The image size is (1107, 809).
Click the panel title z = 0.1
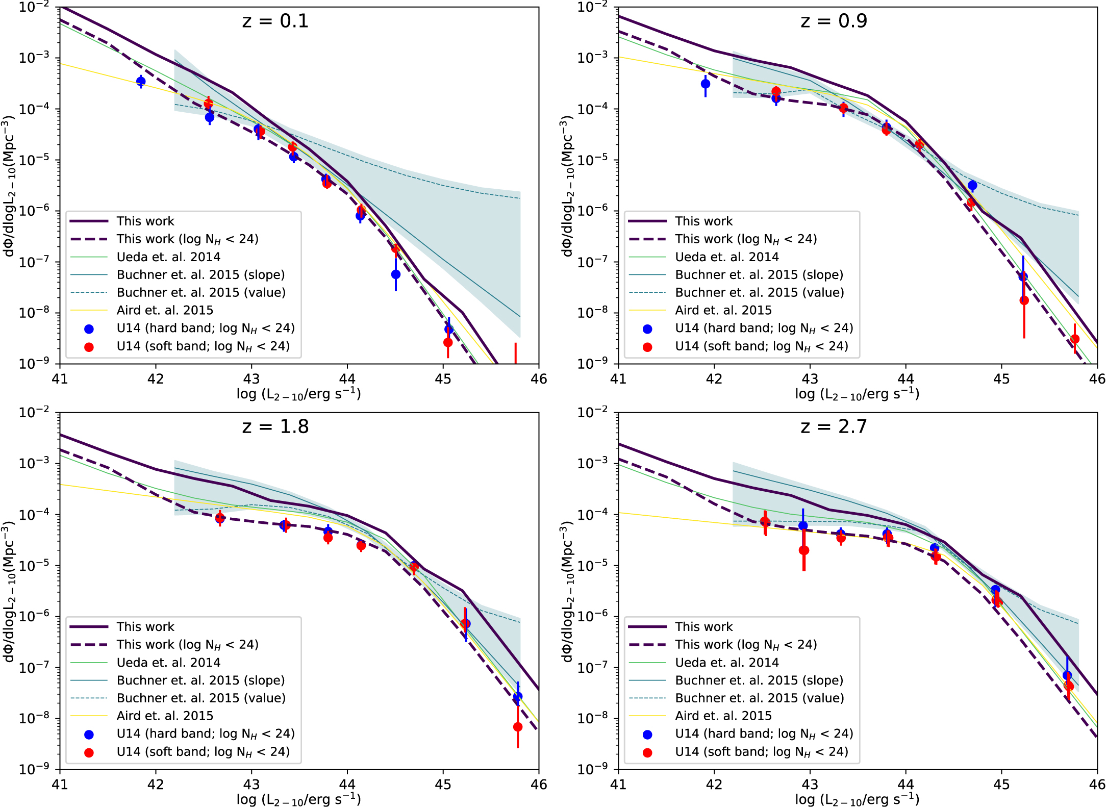275,21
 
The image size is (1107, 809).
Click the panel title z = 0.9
834,21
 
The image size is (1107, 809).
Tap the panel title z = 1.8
275,426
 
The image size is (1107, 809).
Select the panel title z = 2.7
834,426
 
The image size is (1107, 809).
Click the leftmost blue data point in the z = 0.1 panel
141,81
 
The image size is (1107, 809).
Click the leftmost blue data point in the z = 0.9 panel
706,84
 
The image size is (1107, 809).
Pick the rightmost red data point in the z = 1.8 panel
518,727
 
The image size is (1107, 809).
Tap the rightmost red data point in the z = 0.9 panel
1075,339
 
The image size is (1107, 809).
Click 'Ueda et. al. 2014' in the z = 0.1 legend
168,257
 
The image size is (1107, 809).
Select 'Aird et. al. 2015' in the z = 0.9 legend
723,310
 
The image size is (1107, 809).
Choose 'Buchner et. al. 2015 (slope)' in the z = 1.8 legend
200,680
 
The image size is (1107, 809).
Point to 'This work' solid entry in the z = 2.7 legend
703,627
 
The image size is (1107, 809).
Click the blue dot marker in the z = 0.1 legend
89,329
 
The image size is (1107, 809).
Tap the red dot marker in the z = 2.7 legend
647,752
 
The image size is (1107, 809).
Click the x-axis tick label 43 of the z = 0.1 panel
251,379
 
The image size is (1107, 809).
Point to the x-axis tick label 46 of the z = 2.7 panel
1097,785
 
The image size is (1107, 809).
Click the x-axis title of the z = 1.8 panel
298,799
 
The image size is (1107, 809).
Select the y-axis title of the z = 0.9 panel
567,186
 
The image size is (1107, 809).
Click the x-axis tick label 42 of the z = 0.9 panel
714,379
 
